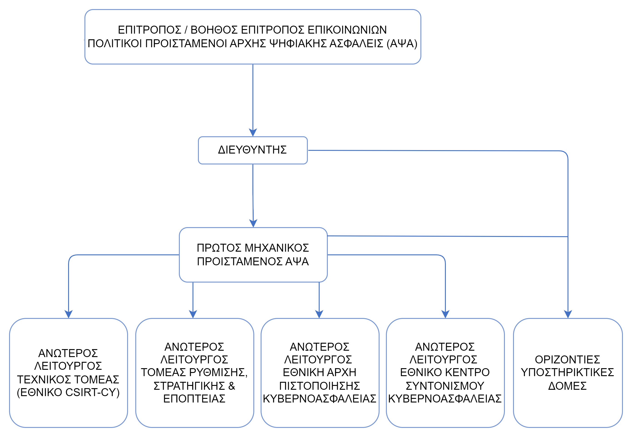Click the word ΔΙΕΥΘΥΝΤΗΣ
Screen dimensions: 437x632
[252, 150]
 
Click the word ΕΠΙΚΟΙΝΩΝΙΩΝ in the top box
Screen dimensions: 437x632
[347, 30]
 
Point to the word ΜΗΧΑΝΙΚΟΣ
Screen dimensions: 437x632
[276, 248]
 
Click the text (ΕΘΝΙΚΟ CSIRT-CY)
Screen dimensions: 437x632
[68, 392]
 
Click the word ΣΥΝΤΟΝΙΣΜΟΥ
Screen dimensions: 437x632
[445, 386]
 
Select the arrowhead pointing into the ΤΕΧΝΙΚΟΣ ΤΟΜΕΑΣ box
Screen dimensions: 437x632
[68, 314]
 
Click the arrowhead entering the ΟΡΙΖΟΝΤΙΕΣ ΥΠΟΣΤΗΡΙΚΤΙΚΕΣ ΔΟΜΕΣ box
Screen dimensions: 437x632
[568, 314]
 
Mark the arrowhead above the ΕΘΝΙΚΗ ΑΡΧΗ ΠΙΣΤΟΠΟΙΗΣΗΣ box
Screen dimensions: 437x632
[319, 314]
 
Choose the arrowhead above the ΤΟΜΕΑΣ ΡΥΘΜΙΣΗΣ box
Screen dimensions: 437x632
[193, 314]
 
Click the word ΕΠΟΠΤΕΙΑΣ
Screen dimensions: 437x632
[194, 399]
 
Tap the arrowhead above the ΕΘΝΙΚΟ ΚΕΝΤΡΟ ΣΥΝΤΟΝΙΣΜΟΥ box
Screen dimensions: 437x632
[445, 314]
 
